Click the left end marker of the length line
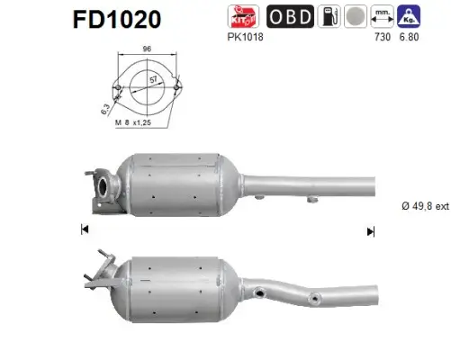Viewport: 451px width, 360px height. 84,230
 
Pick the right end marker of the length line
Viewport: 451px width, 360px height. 370,230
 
